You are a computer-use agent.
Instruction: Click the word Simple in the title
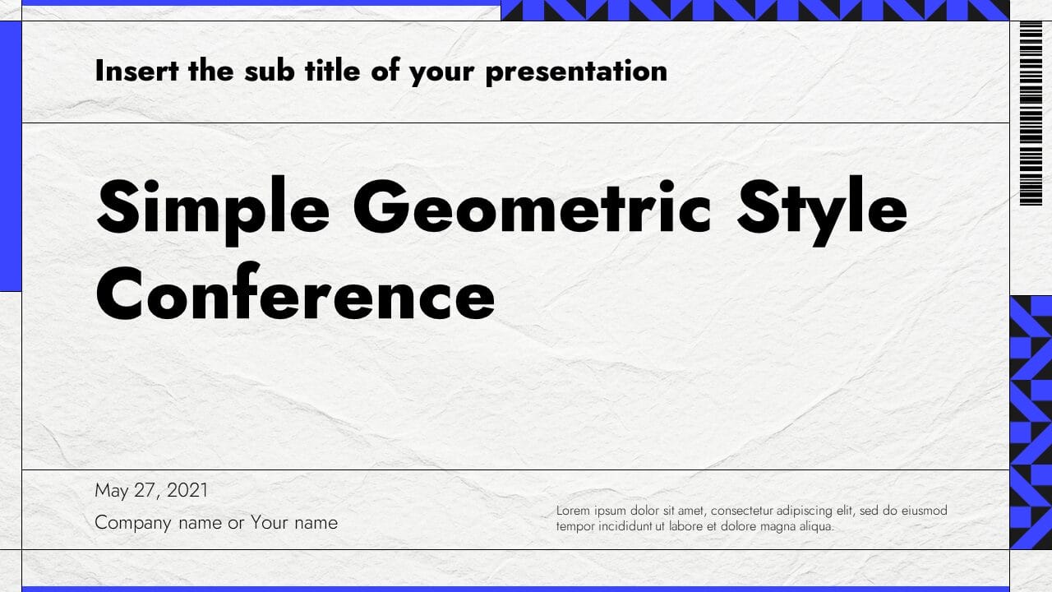(x=213, y=208)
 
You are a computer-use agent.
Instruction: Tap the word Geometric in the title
(x=533, y=208)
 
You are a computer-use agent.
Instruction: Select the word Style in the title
(x=821, y=208)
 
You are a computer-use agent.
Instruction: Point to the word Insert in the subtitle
(x=136, y=71)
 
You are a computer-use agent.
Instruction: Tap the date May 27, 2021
(x=151, y=491)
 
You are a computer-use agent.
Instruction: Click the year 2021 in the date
(x=187, y=491)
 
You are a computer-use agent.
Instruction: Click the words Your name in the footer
(x=294, y=523)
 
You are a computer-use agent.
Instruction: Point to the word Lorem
(x=572, y=511)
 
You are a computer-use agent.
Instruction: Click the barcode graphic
(x=1030, y=113)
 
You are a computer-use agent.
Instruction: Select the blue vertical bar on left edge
(x=10, y=156)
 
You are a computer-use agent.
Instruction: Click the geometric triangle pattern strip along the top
(x=754, y=10)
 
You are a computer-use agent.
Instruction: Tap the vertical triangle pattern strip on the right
(x=1030, y=422)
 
